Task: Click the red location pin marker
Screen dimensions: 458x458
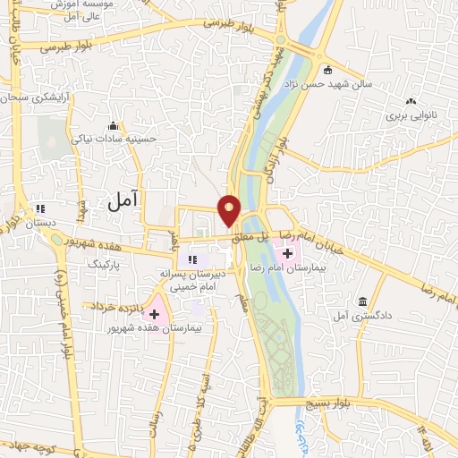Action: click(230, 210)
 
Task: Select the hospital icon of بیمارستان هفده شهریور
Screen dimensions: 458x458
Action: click(156, 314)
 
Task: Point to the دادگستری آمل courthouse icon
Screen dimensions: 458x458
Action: click(361, 301)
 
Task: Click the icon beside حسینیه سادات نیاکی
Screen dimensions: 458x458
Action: click(113, 125)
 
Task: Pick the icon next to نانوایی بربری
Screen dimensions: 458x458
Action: click(411, 103)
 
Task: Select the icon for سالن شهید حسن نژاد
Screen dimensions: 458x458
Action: click(328, 70)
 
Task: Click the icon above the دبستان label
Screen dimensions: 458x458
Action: click(38, 208)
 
